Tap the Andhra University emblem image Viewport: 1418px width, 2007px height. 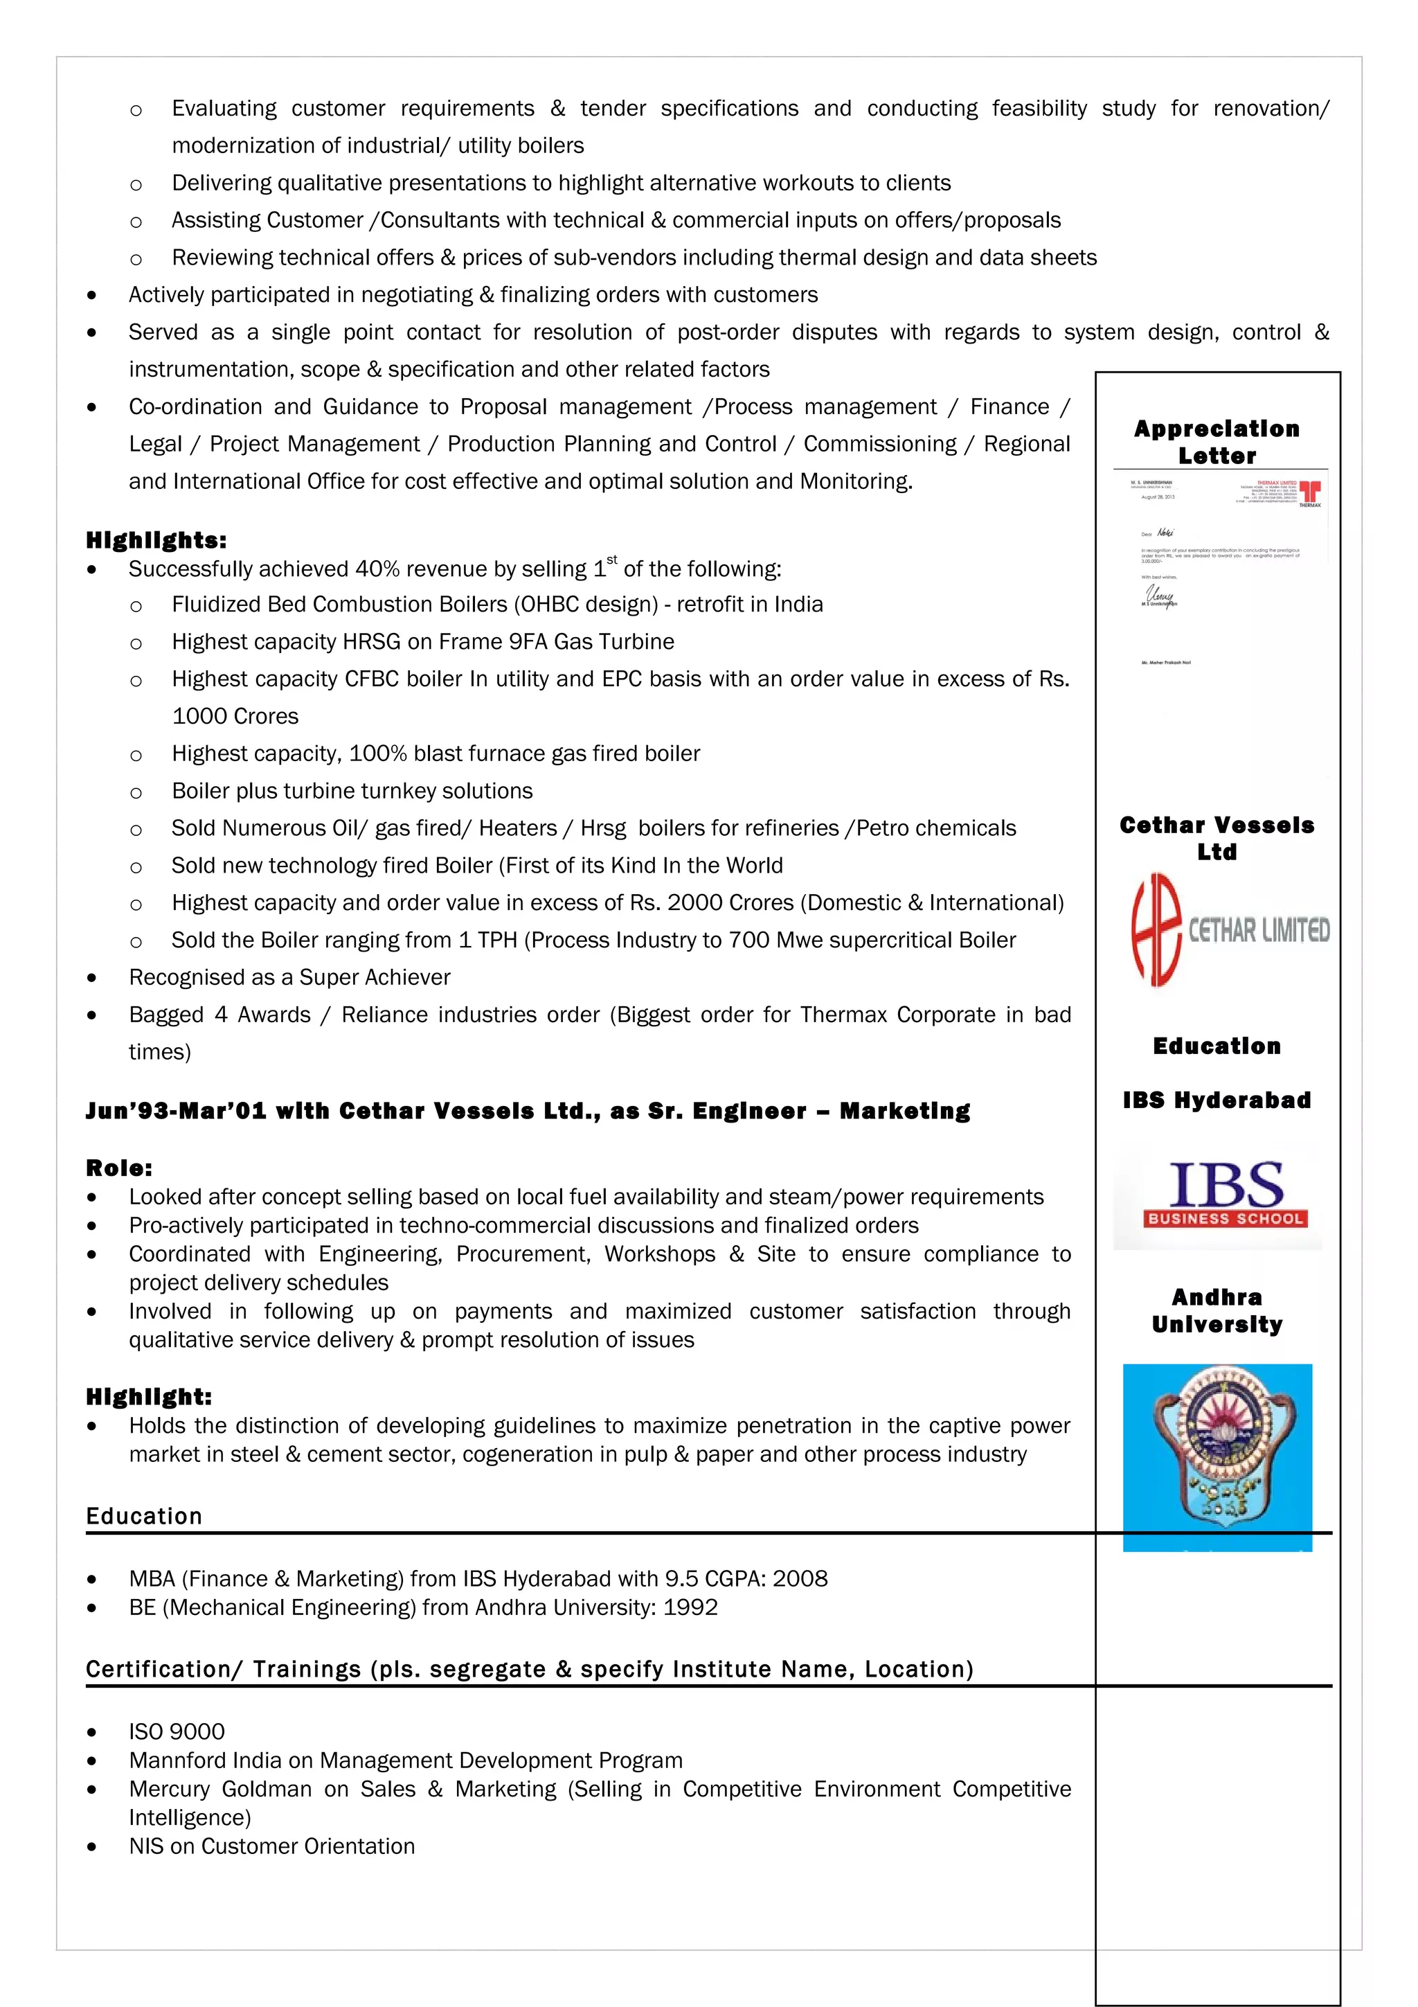click(x=1217, y=1456)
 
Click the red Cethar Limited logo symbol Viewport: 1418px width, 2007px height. click(x=1156, y=930)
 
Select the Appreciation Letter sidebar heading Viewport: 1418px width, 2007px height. click(x=1217, y=443)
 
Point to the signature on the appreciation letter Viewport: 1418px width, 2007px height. click(x=1160, y=596)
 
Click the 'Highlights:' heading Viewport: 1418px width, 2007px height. click(x=156, y=540)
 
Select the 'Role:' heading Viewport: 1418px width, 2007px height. click(x=120, y=1168)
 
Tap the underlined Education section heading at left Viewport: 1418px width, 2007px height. click(x=144, y=1516)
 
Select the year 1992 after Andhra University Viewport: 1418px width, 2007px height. click(x=690, y=1607)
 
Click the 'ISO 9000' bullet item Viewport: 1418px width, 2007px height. click(x=177, y=1731)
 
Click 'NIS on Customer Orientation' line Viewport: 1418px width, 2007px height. click(x=271, y=1846)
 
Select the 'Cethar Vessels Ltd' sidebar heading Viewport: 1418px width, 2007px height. click(x=1217, y=838)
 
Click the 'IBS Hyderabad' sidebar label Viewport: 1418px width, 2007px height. click(x=1217, y=1100)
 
